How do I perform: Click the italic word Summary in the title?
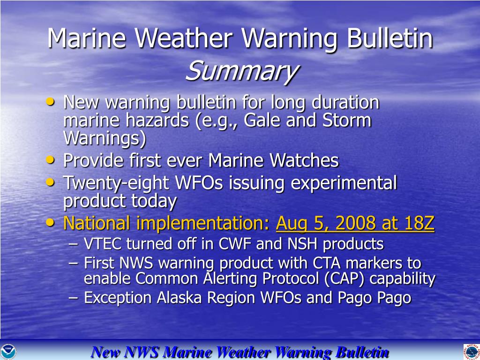(x=241, y=72)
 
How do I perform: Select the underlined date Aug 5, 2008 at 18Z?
(x=355, y=223)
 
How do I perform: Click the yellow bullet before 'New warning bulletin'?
(x=50, y=101)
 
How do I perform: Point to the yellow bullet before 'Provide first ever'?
(x=50, y=159)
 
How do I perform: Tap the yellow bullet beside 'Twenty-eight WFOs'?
(x=50, y=182)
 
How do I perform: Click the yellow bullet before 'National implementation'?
(x=50, y=223)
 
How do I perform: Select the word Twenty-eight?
(x=116, y=184)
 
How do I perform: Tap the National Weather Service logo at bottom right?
(x=472, y=352)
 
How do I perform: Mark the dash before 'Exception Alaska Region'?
(x=74, y=298)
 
